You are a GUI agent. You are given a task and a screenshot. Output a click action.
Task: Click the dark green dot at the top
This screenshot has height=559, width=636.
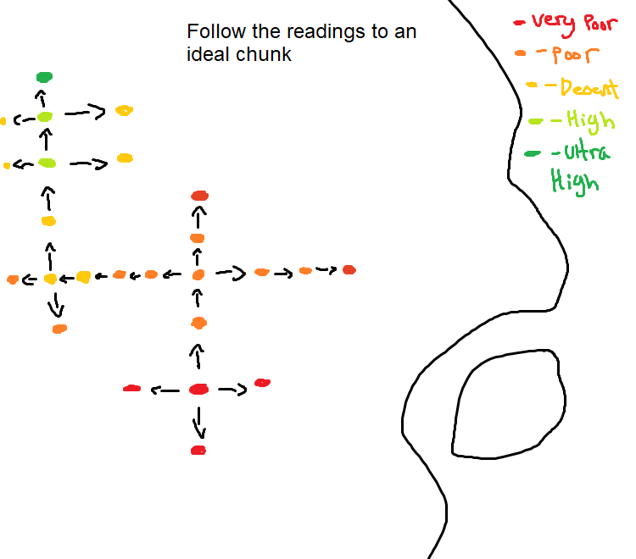44,77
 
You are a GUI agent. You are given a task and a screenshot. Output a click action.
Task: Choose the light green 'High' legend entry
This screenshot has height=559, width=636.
582,121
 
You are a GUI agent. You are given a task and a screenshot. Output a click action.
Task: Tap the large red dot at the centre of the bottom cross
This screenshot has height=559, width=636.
198,389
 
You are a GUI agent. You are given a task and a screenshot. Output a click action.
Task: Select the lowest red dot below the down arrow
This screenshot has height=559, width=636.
198,451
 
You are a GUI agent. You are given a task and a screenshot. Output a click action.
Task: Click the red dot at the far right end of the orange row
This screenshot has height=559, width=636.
349,270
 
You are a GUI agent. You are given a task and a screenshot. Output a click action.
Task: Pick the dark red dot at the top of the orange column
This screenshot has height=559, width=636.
199,196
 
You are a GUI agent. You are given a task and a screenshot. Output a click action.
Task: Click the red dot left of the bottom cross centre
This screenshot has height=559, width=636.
131,388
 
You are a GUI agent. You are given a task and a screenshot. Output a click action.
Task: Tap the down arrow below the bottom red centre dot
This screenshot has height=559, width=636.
199,422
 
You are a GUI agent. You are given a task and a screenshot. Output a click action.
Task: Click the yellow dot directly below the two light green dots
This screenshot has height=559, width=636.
48,221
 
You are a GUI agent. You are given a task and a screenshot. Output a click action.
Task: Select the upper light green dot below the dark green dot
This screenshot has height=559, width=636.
45,116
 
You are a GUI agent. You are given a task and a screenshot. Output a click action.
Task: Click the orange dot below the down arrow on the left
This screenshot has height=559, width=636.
59,329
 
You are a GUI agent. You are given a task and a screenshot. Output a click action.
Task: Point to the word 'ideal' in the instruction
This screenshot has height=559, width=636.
206,55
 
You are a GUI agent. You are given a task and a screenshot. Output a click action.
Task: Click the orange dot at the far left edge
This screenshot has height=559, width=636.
13,279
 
